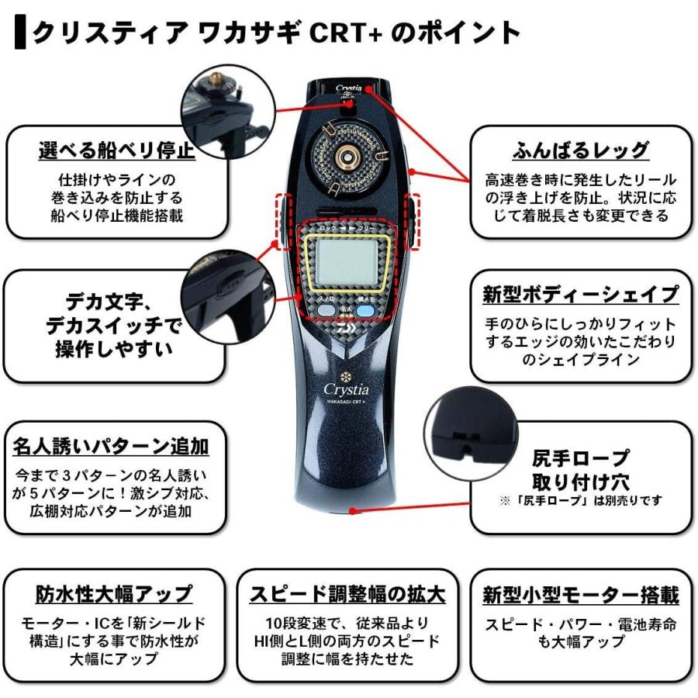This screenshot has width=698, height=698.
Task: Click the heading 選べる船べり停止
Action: tap(116, 150)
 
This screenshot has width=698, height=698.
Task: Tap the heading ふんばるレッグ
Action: tap(581, 150)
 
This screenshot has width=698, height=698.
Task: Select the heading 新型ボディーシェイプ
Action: tap(581, 295)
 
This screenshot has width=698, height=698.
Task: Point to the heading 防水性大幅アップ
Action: tap(114, 594)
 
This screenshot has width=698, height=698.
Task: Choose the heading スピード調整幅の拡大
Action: tap(347, 594)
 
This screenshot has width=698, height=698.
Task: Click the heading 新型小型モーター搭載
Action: tap(581, 595)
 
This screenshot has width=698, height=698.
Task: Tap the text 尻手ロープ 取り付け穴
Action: tap(581, 468)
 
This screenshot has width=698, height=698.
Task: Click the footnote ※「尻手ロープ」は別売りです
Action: tap(581, 501)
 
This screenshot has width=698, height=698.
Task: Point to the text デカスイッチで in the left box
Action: tap(112, 326)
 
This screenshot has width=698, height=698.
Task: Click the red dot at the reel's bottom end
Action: tap(353, 510)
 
